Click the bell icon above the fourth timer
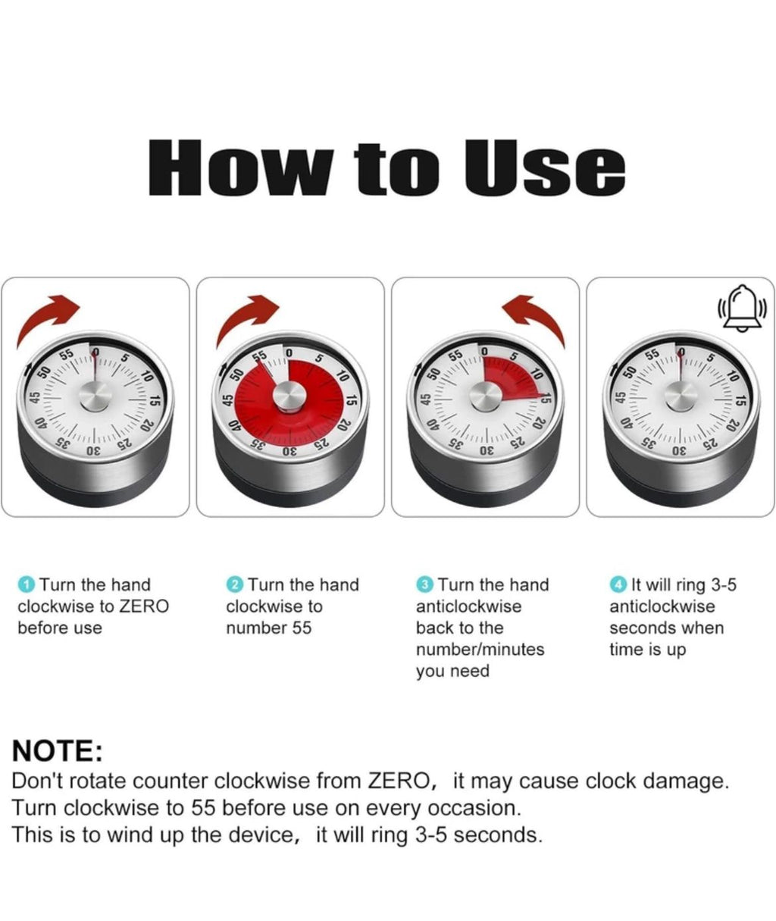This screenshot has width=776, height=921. pyautogui.click(x=742, y=308)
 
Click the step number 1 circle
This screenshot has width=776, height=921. pyautogui.click(x=26, y=585)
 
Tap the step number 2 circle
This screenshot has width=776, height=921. pyautogui.click(x=235, y=585)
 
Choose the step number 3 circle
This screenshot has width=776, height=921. pyautogui.click(x=424, y=585)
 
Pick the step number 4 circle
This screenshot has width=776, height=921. pyautogui.click(x=618, y=585)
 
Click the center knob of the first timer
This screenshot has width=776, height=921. pyautogui.click(x=95, y=396)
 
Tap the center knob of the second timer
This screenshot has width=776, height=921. pyautogui.click(x=289, y=396)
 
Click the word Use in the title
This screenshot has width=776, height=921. pyautogui.click(x=546, y=168)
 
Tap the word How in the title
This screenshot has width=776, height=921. pyautogui.click(x=241, y=168)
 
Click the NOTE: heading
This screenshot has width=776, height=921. pyautogui.click(x=58, y=750)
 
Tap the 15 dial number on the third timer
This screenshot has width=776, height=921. pyautogui.click(x=546, y=398)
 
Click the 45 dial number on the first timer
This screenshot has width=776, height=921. pyautogui.click(x=34, y=398)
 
